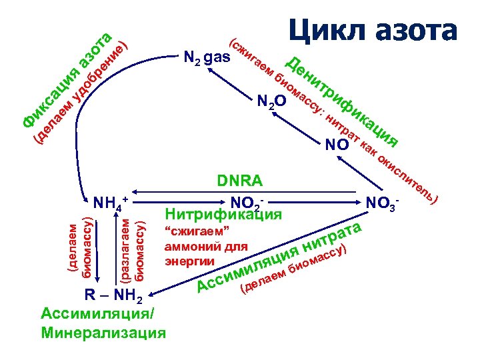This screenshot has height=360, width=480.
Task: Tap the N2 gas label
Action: (x=207, y=59)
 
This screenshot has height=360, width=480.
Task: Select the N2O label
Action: (x=271, y=101)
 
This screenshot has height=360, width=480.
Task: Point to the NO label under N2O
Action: (x=337, y=145)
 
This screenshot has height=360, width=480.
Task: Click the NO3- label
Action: (x=384, y=201)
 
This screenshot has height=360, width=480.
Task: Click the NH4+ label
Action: (x=110, y=202)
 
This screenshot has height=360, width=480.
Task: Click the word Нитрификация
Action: (x=223, y=215)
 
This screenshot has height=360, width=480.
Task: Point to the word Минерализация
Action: (x=103, y=331)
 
